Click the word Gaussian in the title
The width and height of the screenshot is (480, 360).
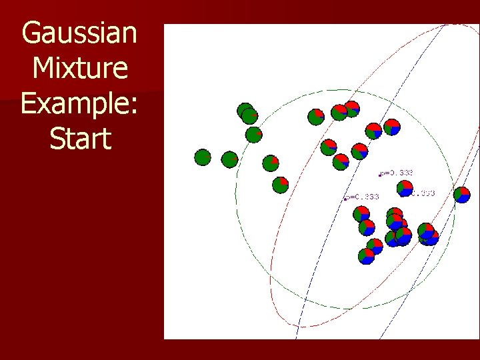(79, 33)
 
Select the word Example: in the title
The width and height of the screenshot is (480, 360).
(79, 104)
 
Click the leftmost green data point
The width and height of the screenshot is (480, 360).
(203, 157)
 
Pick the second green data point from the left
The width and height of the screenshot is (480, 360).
(229, 159)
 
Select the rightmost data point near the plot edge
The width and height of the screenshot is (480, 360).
(461, 195)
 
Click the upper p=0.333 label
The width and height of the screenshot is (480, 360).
(398, 173)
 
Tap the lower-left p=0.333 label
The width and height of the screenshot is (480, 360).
(363, 197)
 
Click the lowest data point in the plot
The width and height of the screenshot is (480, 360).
(366, 256)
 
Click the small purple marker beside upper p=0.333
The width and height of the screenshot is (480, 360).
(379, 175)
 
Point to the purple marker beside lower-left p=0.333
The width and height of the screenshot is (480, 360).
(345, 199)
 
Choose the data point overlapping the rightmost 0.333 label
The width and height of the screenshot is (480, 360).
(405, 189)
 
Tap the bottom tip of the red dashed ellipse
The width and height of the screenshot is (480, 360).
(293, 327)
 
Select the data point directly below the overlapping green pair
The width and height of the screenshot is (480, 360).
(253, 135)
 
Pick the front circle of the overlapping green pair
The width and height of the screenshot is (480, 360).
(249, 116)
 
